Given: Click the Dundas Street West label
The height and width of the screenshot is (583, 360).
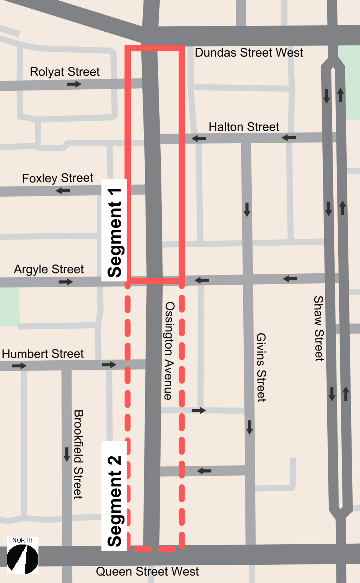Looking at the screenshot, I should (x=249, y=53).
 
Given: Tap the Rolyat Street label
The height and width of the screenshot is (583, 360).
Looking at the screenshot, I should (x=65, y=72).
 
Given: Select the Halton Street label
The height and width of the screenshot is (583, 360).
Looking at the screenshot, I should (x=244, y=127).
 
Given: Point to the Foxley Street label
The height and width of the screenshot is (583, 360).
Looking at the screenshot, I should (x=57, y=178).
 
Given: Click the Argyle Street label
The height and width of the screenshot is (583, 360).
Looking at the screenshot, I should (x=49, y=269).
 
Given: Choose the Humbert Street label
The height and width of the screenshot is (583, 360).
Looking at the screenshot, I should (x=43, y=354).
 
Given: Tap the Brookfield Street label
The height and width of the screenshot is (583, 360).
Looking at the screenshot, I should (x=78, y=454).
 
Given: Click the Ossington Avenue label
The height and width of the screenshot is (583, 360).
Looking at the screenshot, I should (x=169, y=350).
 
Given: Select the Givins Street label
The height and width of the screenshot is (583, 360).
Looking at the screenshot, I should (x=261, y=367).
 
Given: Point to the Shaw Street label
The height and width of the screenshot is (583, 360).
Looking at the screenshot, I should (x=319, y=328).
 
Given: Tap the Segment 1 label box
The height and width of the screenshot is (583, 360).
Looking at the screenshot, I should (x=114, y=230).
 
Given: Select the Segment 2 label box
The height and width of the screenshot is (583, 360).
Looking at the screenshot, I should (x=114, y=496).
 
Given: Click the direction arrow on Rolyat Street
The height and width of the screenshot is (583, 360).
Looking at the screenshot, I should (x=74, y=84).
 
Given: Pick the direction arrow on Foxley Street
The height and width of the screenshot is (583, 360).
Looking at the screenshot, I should (x=63, y=191).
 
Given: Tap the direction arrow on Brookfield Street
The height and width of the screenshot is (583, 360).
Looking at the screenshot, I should (x=67, y=454).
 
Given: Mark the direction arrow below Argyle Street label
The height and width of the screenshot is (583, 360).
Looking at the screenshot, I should (x=66, y=282).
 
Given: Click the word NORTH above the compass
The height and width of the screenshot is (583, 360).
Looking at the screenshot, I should (x=22, y=540).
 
